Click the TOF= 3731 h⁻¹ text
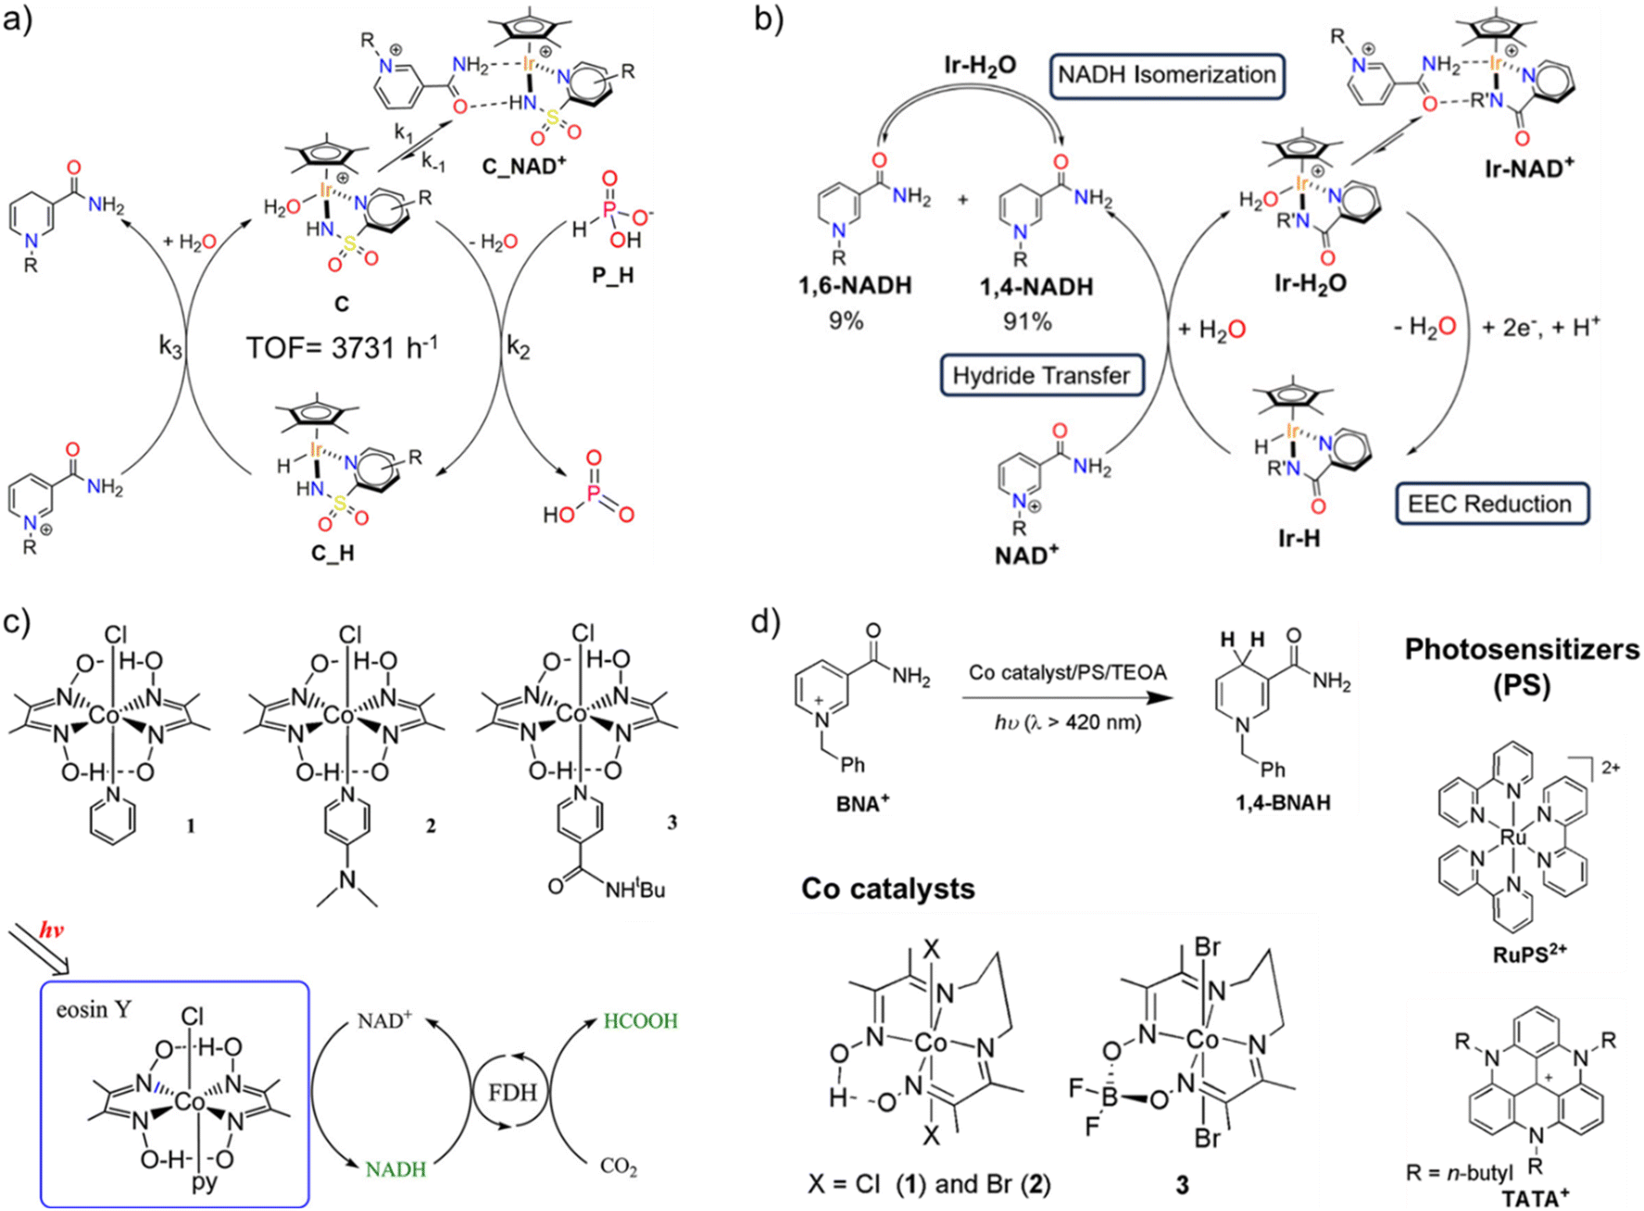point(342,348)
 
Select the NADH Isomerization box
point(1167,75)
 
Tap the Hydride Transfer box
point(1041,376)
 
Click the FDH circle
point(512,1092)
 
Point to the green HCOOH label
point(641,1021)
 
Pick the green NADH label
point(395,1169)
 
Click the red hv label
point(52,930)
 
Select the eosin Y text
point(94,1009)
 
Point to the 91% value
point(1027,321)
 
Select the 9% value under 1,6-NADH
point(846,321)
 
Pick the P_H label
point(612,276)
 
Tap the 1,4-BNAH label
point(1282,802)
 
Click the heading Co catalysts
point(888,889)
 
